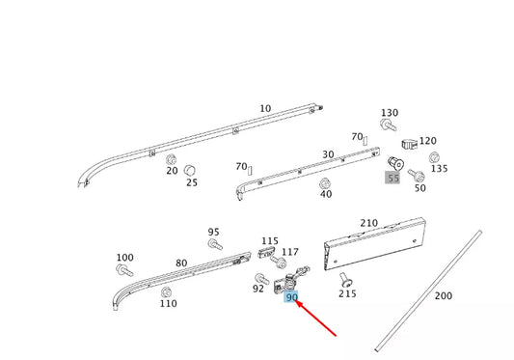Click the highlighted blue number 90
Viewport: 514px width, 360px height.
point(291,297)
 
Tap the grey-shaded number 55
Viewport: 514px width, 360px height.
point(392,179)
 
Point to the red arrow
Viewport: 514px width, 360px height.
point(316,318)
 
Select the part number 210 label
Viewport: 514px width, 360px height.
point(368,223)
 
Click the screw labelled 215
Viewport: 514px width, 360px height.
point(345,280)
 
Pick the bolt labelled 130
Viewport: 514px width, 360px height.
point(388,125)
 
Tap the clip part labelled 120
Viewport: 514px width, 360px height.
point(410,144)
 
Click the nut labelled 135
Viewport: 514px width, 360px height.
point(434,157)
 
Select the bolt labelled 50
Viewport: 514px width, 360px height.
point(417,176)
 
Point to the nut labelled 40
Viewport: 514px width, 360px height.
point(324,183)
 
